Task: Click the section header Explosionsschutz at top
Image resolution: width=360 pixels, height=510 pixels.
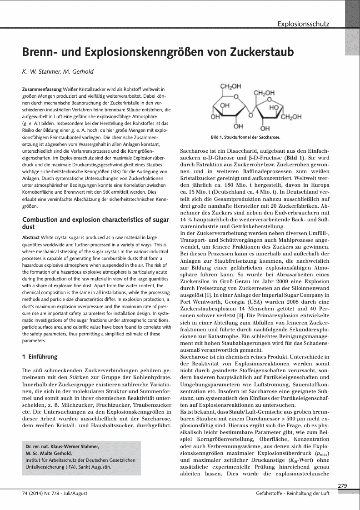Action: pos(303,24)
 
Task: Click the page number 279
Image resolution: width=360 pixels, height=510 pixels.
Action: pos(343,486)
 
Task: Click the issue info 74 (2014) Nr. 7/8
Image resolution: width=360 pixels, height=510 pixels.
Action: pos(42,493)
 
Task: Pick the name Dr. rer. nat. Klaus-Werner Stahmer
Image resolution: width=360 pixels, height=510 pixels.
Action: pos(62,447)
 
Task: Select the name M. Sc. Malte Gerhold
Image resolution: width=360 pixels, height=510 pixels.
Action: pos(49,453)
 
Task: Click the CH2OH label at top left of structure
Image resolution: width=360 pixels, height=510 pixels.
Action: pos(230,86)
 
